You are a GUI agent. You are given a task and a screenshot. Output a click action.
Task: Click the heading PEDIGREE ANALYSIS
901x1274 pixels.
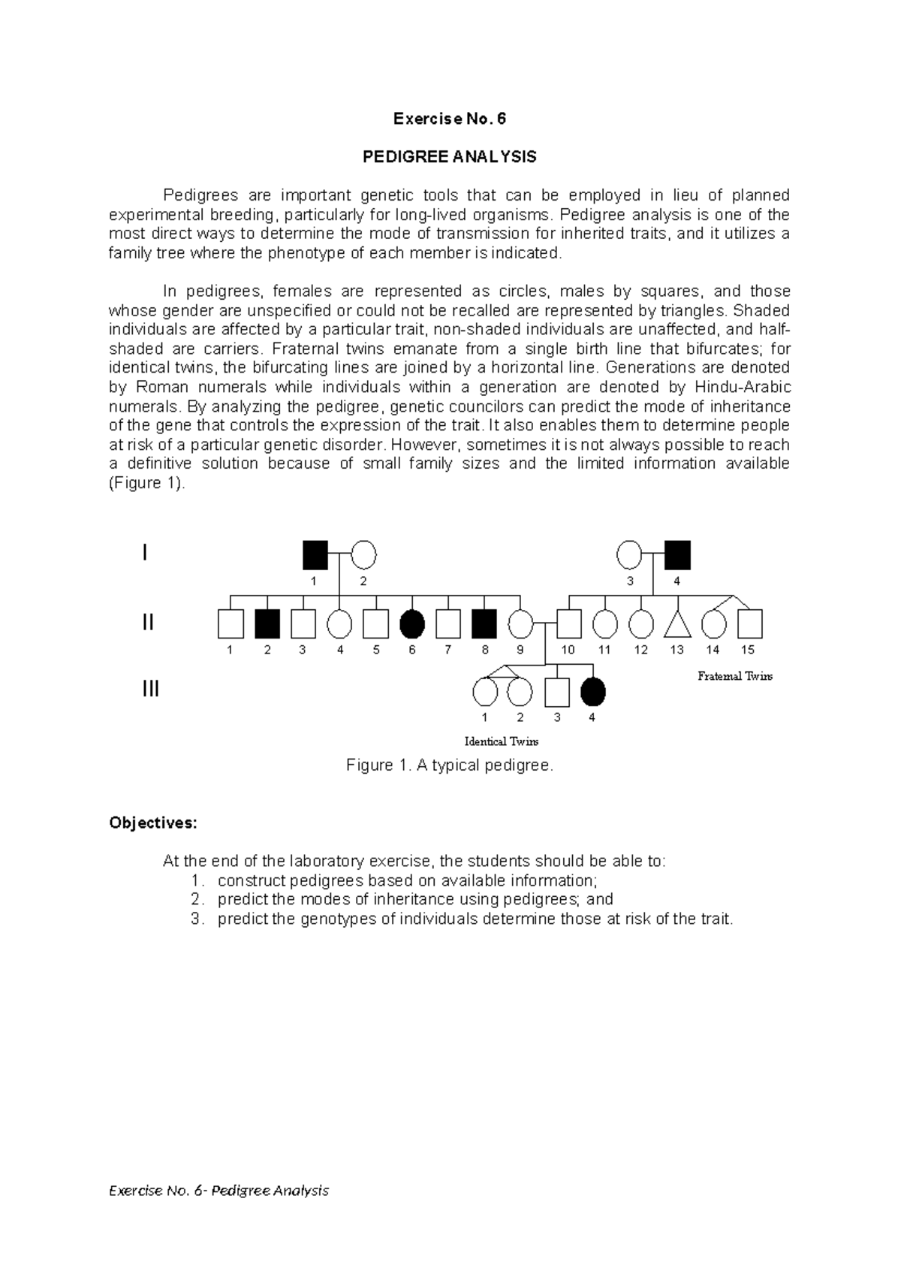click(450, 157)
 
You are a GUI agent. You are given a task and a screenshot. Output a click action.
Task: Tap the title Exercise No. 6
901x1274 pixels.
click(450, 119)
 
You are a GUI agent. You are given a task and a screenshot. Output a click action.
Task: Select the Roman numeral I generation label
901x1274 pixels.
click(145, 554)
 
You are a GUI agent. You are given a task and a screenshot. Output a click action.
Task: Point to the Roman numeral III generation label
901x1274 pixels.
click(151, 689)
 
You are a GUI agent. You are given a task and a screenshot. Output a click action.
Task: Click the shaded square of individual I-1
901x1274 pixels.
click(315, 555)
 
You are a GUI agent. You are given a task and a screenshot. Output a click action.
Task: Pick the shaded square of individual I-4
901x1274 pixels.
click(677, 555)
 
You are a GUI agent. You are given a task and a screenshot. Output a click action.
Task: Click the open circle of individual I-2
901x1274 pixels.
click(363, 555)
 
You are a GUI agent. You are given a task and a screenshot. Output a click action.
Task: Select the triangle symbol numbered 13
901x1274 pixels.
click(677, 624)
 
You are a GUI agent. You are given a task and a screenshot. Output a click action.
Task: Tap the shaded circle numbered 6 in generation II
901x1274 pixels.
click(412, 623)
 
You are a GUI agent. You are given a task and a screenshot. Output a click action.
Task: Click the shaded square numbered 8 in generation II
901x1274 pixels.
click(485, 623)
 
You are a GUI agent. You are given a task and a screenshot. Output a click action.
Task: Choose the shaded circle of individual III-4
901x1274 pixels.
click(593, 692)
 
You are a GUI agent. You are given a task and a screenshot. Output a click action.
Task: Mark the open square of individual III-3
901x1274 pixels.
click(556, 692)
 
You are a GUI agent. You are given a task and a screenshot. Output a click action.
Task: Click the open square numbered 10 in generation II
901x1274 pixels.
click(568, 623)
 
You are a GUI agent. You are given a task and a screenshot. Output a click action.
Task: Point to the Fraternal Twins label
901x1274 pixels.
click(735, 676)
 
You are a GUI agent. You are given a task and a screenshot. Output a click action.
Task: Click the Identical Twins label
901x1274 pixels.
click(502, 741)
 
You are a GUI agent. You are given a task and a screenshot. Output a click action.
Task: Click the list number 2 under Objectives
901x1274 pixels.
click(197, 899)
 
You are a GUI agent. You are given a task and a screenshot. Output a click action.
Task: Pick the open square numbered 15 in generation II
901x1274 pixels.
click(749, 623)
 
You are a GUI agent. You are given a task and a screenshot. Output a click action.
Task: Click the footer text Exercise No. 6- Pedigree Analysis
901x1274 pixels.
click(219, 1191)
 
